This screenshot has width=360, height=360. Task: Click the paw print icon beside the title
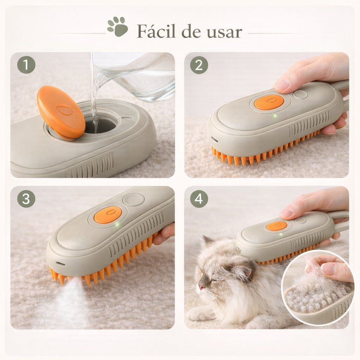(117, 27)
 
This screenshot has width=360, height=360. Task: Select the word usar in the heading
(224, 33)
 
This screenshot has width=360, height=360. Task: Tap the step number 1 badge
(26, 65)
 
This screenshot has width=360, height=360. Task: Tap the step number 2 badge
(199, 65)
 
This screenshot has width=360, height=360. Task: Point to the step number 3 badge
(26, 199)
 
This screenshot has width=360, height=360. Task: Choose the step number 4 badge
(199, 199)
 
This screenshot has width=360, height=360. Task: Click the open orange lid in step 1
(61, 112)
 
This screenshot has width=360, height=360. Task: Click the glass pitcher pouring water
(135, 76)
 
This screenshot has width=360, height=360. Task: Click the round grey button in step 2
(301, 94)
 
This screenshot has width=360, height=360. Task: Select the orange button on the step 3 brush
(108, 215)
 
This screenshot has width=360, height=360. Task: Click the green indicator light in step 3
(117, 224)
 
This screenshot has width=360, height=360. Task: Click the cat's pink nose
(201, 287)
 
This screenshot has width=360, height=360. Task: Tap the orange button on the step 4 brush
(276, 226)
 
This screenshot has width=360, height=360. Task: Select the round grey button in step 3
(134, 200)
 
